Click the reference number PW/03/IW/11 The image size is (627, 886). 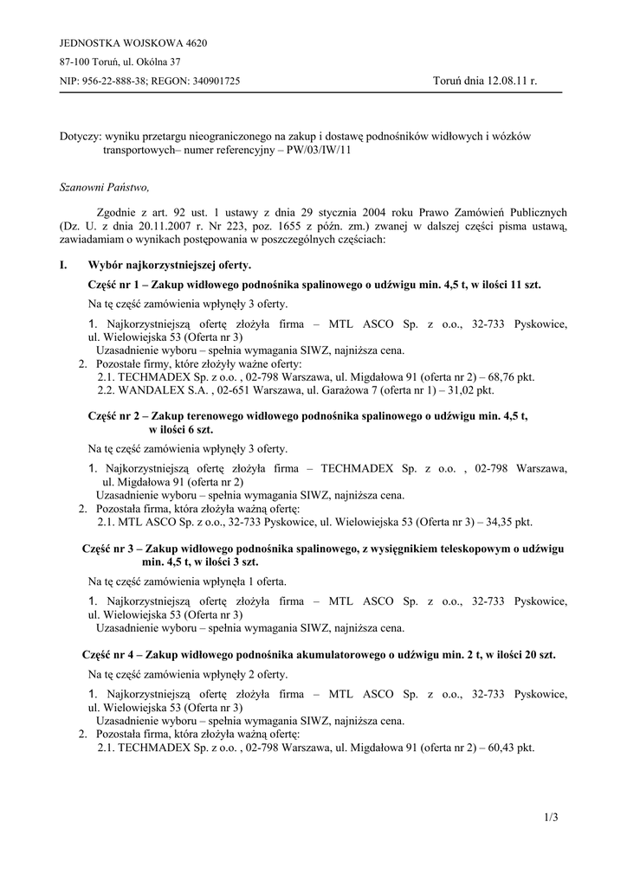[315, 150]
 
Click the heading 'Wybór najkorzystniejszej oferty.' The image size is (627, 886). [170, 265]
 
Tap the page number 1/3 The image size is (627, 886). [552, 816]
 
